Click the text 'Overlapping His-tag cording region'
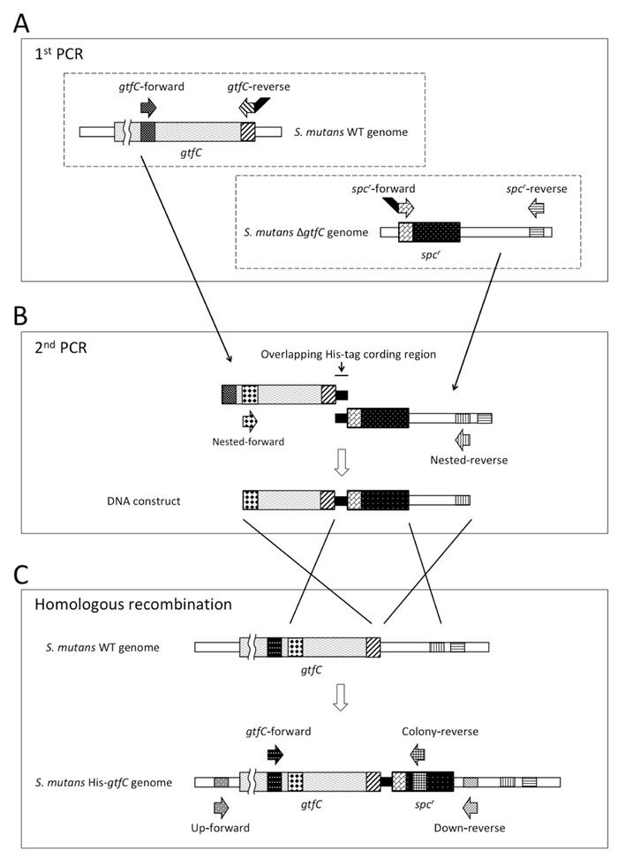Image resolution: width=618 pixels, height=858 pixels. point(338,354)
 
